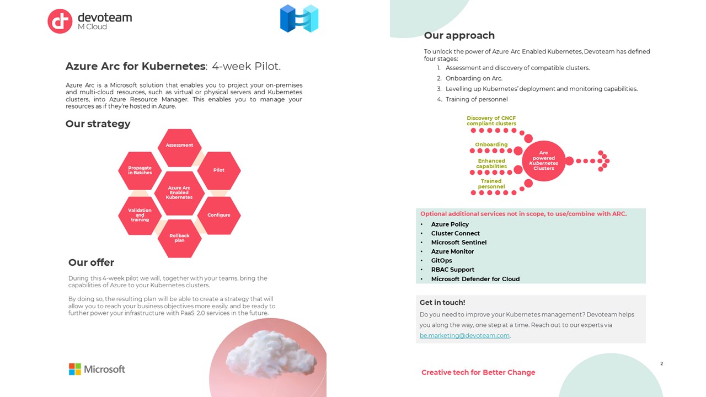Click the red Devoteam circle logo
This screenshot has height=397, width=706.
[60, 21]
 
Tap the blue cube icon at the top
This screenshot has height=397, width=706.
[299, 18]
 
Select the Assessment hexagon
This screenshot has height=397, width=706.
[179, 147]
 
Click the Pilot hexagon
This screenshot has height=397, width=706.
[219, 170]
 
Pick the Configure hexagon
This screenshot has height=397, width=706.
[219, 215]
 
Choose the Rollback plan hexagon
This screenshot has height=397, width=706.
[179, 238]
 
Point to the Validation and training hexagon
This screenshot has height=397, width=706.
[140, 215]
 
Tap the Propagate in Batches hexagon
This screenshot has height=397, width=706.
[140, 170]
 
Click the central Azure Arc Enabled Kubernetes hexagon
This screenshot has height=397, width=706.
[179, 193]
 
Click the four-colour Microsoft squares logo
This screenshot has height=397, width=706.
[74, 369]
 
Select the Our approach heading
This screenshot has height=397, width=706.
[459, 35]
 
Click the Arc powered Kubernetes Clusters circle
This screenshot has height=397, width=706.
[543, 160]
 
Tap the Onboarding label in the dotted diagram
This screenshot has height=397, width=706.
[491, 144]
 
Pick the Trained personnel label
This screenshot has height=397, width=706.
[491, 184]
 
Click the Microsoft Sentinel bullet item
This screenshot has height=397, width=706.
[458, 242]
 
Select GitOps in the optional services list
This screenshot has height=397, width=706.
[441, 261]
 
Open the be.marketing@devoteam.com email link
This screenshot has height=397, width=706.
[464, 336]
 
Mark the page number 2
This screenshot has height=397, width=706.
[661, 363]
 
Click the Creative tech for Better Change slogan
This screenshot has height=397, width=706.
[478, 372]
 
